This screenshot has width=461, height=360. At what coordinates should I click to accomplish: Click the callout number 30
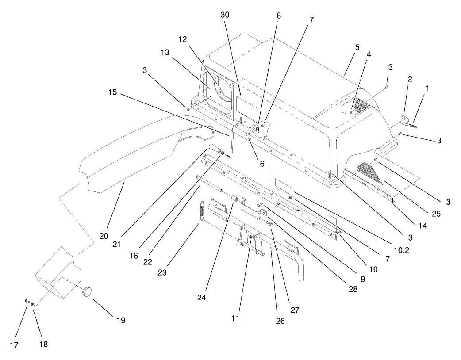(x=225, y=15)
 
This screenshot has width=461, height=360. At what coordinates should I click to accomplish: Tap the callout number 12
(x=183, y=39)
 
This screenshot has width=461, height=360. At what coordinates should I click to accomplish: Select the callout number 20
(x=104, y=236)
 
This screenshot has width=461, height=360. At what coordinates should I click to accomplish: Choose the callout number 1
(x=427, y=88)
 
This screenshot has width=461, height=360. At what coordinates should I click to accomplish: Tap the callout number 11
(x=235, y=318)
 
